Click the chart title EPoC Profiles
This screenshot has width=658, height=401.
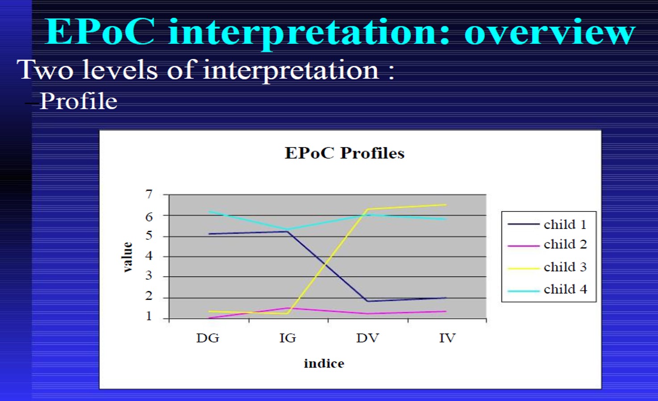[345, 153]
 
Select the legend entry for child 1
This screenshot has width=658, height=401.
[547, 224]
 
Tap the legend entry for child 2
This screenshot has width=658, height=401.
[547, 245]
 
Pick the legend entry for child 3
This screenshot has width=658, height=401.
[547, 267]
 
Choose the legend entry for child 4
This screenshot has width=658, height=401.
[547, 290]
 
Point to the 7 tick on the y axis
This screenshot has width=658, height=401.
[149, 194]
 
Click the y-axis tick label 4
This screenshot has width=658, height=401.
[149, 256]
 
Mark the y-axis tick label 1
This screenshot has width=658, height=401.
[149, 316]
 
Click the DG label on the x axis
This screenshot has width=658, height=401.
[208, 338]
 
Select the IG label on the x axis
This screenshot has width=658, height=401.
[287, 338]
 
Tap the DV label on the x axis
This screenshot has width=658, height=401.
[368, 338]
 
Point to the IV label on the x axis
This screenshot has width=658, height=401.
[447, 338]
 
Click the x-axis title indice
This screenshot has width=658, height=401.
[324, 363]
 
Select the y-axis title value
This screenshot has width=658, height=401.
[127, 257]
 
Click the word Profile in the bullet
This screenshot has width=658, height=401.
[79, 101]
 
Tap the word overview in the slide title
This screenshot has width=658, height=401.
[550, 32]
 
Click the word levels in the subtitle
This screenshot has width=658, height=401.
[120, 70]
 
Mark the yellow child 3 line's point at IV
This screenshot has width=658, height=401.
[446, 205]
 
